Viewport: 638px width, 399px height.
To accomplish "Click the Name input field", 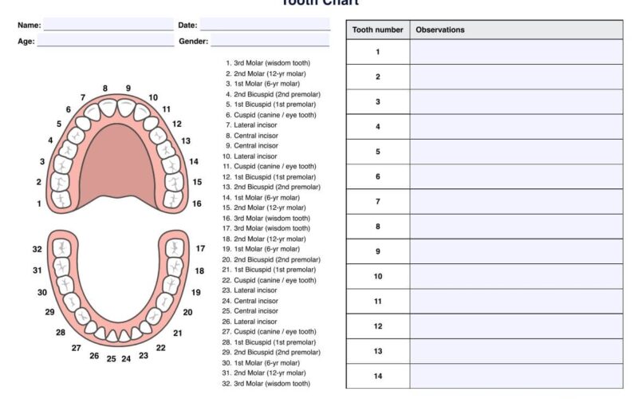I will point(108,25).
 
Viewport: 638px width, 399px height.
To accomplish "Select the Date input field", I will point(265,25).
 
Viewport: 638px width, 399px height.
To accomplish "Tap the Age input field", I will point(104,41).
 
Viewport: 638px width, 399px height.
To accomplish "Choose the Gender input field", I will point(270,41).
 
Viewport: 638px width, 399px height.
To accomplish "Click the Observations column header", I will point(516,30).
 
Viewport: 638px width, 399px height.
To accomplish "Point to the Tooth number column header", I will point(378,30).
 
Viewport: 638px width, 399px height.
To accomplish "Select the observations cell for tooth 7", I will point(516,201).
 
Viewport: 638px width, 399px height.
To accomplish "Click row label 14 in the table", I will point(378,376).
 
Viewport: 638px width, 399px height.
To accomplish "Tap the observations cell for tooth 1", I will point(516,52).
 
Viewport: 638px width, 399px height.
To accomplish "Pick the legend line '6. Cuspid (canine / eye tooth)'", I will point(270,114).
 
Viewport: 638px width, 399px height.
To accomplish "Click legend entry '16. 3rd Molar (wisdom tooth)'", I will point(266,218).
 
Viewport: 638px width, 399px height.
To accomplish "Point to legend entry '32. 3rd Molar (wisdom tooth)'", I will point(266,384).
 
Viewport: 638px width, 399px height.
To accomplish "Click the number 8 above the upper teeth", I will point(105,89).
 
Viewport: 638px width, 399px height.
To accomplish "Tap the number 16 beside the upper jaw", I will point(197,203).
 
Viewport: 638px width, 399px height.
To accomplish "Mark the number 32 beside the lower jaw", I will point(37,249).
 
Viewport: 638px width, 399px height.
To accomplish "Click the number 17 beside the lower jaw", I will point(200,249).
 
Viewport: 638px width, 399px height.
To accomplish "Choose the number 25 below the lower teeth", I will point(112,359).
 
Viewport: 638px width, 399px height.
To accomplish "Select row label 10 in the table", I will point(378,276).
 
